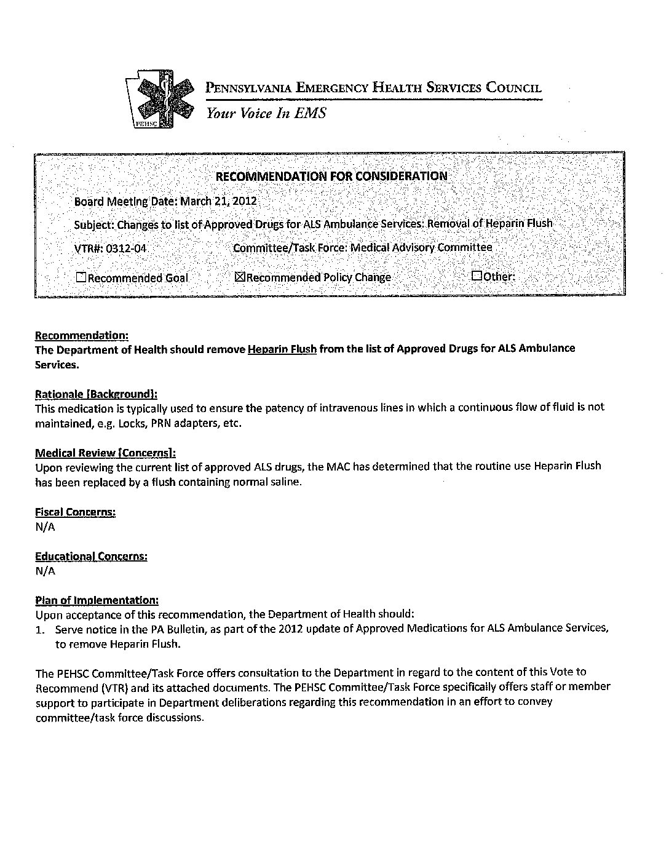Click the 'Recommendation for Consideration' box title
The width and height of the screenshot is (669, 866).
[x=331, y=177]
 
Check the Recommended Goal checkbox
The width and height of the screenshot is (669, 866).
[x=81, y=277]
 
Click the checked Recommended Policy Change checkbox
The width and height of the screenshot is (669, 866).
[x=240, y=277]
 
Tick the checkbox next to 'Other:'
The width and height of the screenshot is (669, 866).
[x=477, y=276]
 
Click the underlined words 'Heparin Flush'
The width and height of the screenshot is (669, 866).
[x=282, y=349]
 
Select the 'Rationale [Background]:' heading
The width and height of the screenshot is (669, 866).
[x=96, y=394]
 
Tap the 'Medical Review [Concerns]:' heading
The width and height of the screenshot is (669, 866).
[x=105, y=453]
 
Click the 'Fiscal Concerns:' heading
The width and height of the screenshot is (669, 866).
[x=76, y=512]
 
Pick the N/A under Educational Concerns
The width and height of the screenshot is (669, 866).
[x=45, y=571]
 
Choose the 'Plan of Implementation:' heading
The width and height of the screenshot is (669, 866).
[x=97, y=600]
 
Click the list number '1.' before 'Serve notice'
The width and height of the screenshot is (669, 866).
[x=41, y=629]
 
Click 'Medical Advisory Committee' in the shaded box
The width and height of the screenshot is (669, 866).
[x=421, y=247]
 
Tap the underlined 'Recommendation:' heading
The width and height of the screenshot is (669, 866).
[x=82, y=336]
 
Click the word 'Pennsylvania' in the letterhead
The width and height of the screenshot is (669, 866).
[x=248, y=87]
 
